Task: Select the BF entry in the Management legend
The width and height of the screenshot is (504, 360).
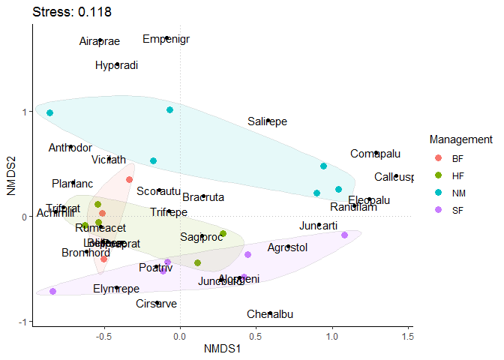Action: point(457,158)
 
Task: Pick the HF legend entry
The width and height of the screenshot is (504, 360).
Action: point(457,175)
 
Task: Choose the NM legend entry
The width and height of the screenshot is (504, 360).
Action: point(457,193)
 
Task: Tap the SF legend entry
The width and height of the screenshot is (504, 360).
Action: point(457,210)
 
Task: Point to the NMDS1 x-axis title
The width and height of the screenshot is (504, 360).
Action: point(220,349)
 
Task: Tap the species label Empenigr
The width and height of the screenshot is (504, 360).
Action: point(166,39)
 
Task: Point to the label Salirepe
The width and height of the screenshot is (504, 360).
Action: point(268,121)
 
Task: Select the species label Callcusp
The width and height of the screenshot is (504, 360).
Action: point(394,178)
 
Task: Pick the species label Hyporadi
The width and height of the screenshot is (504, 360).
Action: point(117,65)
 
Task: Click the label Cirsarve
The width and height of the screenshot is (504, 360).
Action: point(157,304)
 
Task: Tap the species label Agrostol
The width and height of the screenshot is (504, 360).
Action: point(287,247)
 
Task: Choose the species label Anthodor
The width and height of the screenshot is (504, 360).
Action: point(70,148)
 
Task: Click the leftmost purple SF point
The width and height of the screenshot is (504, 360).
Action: point(52,291)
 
